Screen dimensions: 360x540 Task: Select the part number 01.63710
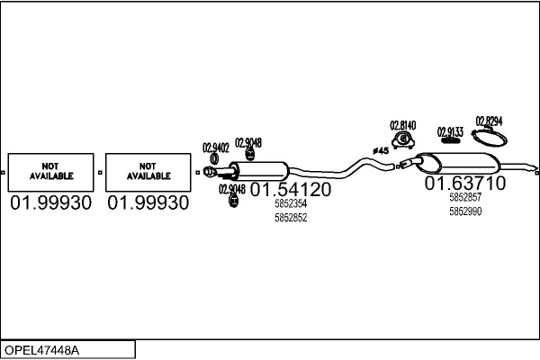coord(465,183)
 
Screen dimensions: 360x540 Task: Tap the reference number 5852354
coord(291,204)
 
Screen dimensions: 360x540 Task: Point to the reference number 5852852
coord(291,218)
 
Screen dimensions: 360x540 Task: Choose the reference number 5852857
coord(465,197)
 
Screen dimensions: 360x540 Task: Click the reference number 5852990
coord(465,211)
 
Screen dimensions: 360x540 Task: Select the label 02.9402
coord(216,148)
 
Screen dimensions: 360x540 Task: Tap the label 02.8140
coord(402,125)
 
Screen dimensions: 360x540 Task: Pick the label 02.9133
coord(450,132)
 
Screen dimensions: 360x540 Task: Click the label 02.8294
coord(489,121)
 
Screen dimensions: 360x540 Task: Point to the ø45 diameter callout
coord(380,150)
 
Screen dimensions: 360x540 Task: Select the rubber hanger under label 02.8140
coord(401,141)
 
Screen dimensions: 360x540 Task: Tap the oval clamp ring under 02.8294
coord(489,138)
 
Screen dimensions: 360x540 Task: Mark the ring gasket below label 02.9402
coord(213,160)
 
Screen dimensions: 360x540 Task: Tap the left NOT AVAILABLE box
coord(50,171)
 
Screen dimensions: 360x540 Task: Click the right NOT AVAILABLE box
coord(148,171)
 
